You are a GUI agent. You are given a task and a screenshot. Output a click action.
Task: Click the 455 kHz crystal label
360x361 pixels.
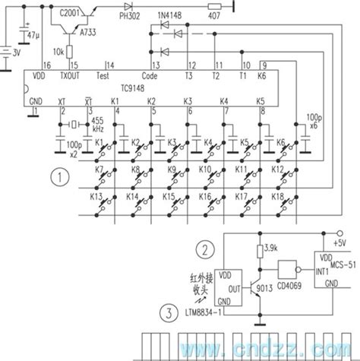98,125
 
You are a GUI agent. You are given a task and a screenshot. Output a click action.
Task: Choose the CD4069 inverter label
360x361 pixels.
291,290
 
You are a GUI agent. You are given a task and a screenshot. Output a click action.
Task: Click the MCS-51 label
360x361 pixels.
334,258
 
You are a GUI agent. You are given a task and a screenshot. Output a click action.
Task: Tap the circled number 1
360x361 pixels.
55,179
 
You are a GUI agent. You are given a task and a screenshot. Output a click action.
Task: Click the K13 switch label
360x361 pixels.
96,196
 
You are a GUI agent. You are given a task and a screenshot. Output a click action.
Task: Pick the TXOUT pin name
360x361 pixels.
70,77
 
